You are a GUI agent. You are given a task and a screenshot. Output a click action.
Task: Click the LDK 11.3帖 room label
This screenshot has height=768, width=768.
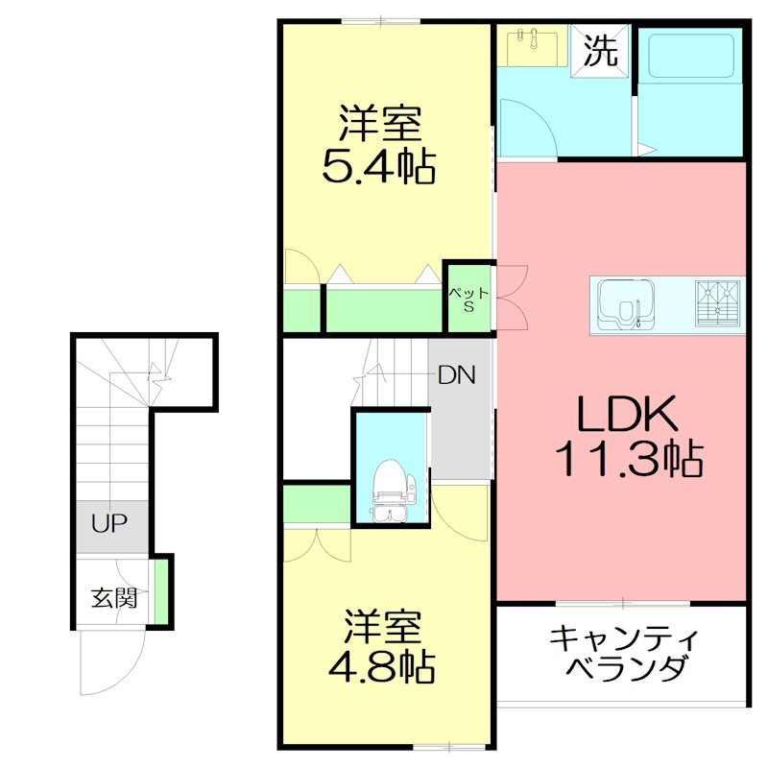[x=629, y=437]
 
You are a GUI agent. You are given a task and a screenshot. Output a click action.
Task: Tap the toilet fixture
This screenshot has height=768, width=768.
[x=390, y=480]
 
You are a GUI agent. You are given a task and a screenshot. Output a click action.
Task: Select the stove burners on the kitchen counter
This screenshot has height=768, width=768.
[x=716, y=302]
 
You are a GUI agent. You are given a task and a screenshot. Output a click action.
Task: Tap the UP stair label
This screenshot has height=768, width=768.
[x=109, y=524]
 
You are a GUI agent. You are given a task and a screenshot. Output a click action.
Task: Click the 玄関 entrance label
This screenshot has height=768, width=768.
[x=114, y=598]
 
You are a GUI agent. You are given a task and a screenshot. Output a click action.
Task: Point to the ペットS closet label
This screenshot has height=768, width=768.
[x=470, y=299]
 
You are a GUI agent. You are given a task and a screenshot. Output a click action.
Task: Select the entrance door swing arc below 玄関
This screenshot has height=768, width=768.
[x=108, y=662]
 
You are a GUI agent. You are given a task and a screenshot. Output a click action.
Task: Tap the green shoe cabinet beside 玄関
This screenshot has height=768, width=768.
[x=162, y=591]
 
